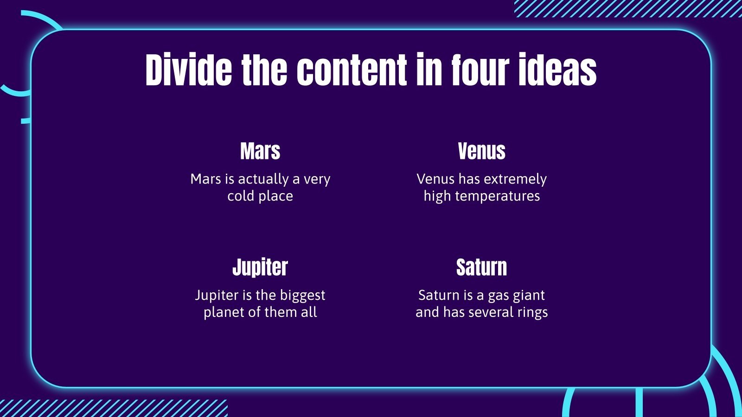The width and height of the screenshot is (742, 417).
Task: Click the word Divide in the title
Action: click(189, 69)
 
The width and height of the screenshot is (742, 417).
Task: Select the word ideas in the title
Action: click(558, 69)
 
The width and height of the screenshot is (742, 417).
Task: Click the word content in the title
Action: click(352, 69)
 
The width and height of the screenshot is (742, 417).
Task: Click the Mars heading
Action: click(260, 151)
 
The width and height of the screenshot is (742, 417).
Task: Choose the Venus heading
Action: click(482, 151)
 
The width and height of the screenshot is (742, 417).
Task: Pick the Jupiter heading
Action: click(260, 267)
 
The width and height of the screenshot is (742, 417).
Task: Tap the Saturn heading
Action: click(482, 267)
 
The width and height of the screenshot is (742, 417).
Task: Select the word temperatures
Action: click(498, 196)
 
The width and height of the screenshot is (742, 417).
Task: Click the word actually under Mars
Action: click(263, 179)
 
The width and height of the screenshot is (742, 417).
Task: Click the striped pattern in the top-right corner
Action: click(628, 9)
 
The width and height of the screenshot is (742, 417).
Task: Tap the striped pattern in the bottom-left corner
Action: click(114, 408)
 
